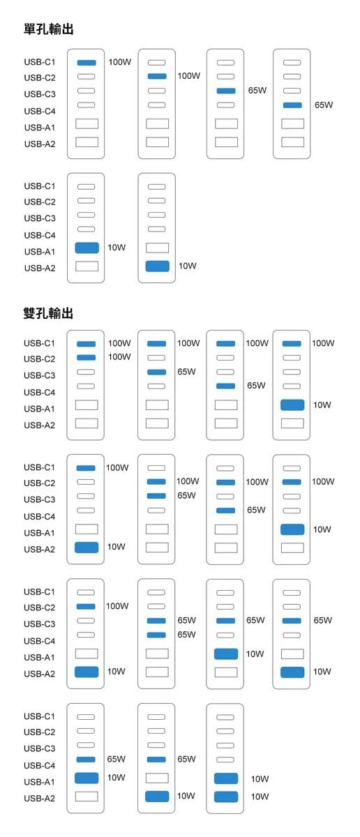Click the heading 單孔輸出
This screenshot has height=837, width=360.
point(49,29)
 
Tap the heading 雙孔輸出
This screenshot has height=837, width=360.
point(48,313)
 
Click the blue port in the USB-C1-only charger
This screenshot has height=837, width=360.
point(87,63)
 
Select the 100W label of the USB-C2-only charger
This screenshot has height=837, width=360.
point(189,76)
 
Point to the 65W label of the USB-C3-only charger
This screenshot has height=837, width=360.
point(257,90)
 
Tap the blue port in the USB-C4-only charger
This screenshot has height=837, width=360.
point(292,105)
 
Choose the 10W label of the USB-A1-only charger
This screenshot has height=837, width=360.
point(117,248)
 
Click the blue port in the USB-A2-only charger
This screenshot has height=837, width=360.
point(158,266)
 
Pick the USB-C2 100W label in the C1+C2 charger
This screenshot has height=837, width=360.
point(119,357)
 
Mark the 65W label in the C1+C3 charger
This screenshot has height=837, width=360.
point(186,371)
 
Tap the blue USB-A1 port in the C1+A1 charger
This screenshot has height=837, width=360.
point(292,405)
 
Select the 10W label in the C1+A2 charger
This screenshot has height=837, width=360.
point(117,547)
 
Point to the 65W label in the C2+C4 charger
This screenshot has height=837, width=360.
point(256,510)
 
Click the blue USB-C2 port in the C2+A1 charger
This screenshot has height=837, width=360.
point(292,482)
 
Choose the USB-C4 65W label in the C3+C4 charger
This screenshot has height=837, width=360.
point(186,634)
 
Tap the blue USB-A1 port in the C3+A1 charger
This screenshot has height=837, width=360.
point(226,654)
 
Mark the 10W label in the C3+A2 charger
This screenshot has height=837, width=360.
point(322,672)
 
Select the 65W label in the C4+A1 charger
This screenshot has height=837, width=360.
point(117,759)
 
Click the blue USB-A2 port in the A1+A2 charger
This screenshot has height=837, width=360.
point(226,797)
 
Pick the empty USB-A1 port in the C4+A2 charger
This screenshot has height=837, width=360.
point(157,778)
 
